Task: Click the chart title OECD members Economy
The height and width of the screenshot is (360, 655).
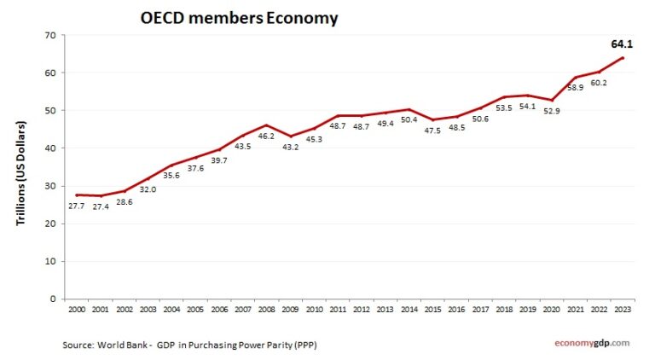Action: tap(239, 17)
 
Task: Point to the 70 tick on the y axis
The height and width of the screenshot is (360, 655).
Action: tap(49, 35)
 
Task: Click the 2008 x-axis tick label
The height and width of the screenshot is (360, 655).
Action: tap(266, 309)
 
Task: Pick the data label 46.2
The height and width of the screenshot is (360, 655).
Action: tap(267, 136)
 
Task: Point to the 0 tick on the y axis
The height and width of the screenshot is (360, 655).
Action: tap(52, 299)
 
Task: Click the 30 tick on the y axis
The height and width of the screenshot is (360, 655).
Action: tap(49, 186)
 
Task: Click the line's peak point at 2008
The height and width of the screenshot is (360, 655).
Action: tap(267, 125)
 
